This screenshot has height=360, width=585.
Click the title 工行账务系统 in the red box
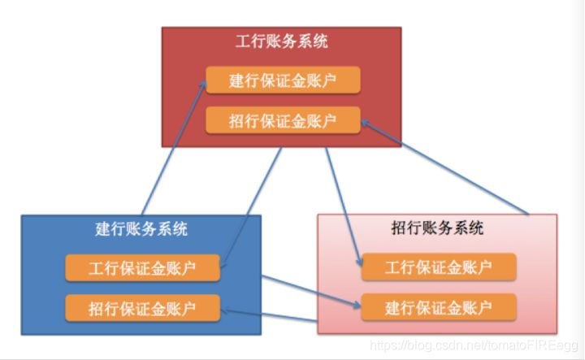click(x=281, y=41)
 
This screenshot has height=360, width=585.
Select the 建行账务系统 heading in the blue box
click(x=141, y=229)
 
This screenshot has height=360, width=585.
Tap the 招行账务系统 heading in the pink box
click(x=437, y=228)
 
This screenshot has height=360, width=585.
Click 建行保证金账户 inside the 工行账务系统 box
click(x=282, y=81)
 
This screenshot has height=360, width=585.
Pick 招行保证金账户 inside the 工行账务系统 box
click(x=282, y=121)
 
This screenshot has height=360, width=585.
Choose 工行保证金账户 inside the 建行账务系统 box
click(x=142, y=268)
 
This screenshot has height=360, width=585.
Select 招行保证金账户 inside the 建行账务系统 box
click(x=142, y=308)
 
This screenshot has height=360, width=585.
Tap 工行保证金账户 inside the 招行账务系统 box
click(x=439, y=267)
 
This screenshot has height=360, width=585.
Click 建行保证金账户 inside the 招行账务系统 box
click(x=439, y=307)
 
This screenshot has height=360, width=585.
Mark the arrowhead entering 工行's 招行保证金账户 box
click(x=364, y=122)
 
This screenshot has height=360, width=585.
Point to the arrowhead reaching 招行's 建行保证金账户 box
click(x=357, y=306)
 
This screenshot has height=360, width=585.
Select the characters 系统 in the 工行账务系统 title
click(x=313, y=41)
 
